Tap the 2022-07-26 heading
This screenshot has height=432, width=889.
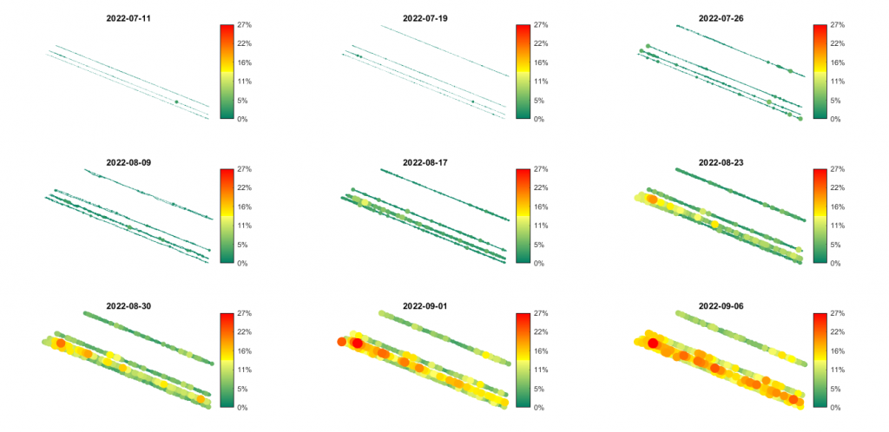click(x=721, y=17)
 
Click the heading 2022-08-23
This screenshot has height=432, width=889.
click(x=721, y=161)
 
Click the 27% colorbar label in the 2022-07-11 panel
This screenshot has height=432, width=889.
click(x=244, y=25)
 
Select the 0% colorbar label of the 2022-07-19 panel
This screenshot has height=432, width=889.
click(x=538, y=119)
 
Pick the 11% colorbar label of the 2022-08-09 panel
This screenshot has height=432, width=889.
click(x=244, y=225)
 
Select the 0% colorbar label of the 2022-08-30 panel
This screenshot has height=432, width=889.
click(x=242, y=407)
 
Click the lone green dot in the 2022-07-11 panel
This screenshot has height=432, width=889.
click(x=176, y=101)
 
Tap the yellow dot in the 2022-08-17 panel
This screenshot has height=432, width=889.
click(x=365, y=204)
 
